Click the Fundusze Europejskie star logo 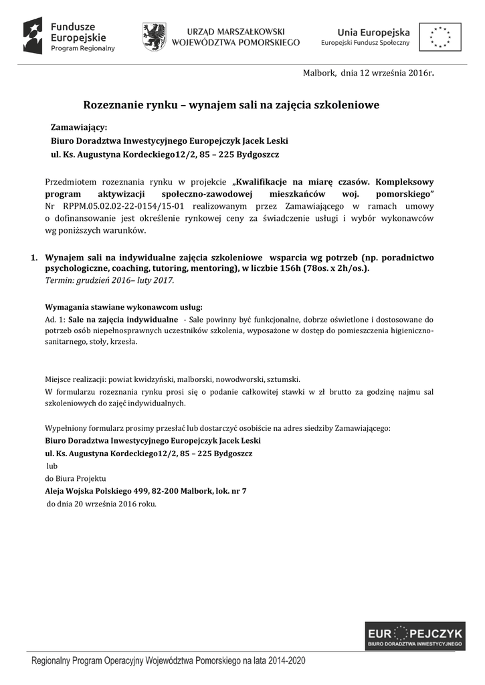pos(33,35)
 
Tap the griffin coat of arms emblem pos(155,36)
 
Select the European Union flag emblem pos(440,36)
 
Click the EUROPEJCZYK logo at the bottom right pos(415,636)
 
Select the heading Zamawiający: pos(79,127)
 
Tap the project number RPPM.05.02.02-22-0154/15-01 pos(117,206)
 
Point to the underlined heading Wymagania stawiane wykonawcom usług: pos(118,307)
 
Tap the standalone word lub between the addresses pos(52,465)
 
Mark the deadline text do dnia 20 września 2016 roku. pos(101,504)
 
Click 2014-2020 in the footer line pos(288,660)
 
